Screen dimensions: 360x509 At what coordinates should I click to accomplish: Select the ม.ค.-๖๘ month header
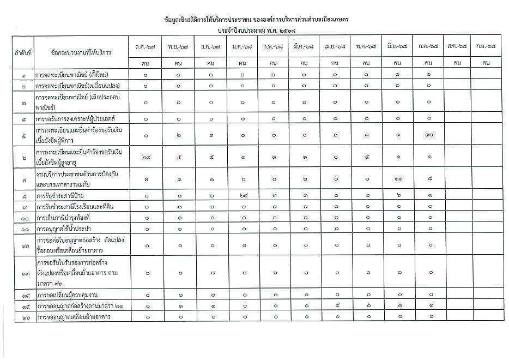241,47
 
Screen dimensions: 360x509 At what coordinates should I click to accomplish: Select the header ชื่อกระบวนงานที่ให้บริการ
80,53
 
